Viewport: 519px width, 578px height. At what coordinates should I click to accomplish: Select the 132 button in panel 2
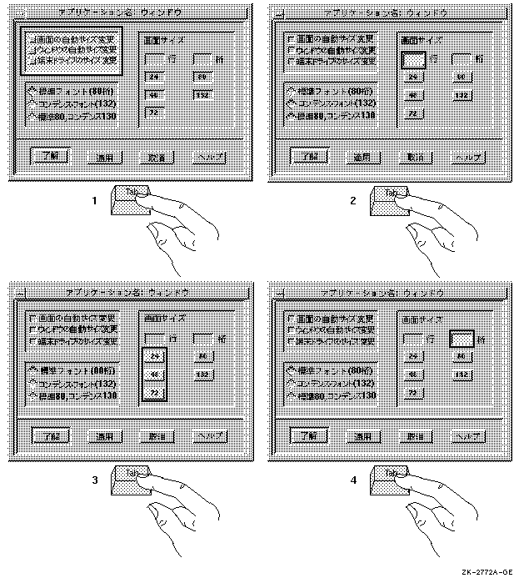click(x=463, y=95)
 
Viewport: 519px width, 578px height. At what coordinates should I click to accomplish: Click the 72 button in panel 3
click(x=155, y=393)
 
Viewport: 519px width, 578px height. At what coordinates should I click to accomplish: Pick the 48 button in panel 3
click(x=155, y=375)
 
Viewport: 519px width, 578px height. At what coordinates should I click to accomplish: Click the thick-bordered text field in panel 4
click(x=462, y=339)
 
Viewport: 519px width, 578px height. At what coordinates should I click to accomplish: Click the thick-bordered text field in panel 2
click(x=414, y=60)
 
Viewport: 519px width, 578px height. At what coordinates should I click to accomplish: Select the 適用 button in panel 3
click(x=104, y=435)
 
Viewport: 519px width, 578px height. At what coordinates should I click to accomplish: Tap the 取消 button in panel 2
click(x=414, y=156)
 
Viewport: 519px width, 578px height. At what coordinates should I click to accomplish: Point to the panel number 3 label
click(x=95, y=481)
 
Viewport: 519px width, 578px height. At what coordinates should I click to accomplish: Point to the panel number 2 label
click(x=353, y=201)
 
